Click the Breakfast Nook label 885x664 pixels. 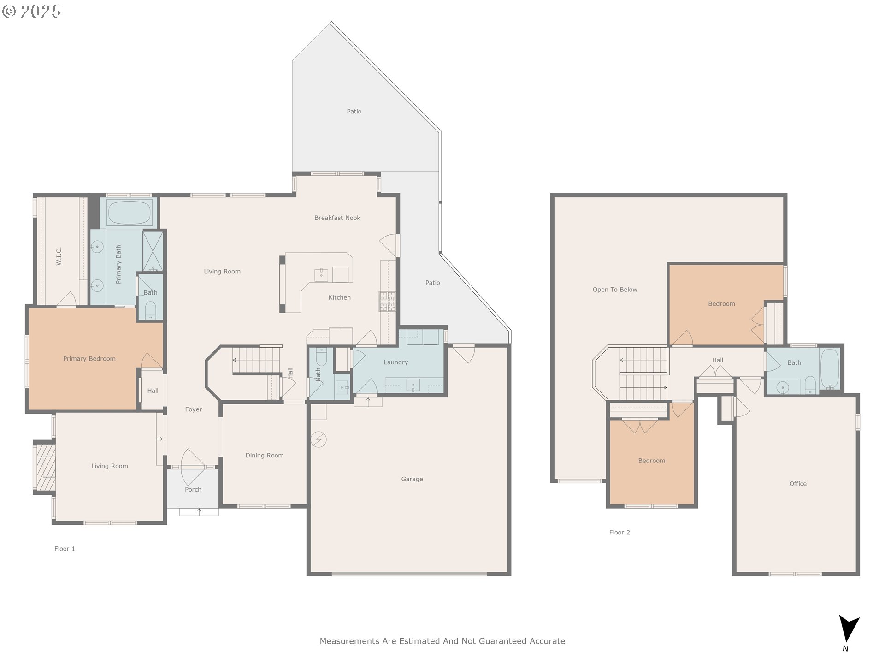[x=337, y=218]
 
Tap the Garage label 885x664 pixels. [x=412, y=479]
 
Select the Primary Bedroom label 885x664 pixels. [x=89, y=359]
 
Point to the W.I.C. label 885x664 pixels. [x=59, y=256]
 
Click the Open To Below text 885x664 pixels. [x=615, y=290]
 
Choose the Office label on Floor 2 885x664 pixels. [x=798, y=484]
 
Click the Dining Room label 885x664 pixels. [x=265, y=456]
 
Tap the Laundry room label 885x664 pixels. [x=396, y=362]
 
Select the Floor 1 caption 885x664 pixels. [x=65, y=549]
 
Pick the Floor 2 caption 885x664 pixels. [x=619, y=533]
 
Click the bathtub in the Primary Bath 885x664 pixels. [x=129, y=213]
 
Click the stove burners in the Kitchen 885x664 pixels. [x=387, y=302]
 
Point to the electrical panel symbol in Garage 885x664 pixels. [x=319, y=439]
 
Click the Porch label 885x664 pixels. [x=193, y=490]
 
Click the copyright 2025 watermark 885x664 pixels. [x=31, y=11]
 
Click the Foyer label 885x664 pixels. [x=194, y=409]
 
